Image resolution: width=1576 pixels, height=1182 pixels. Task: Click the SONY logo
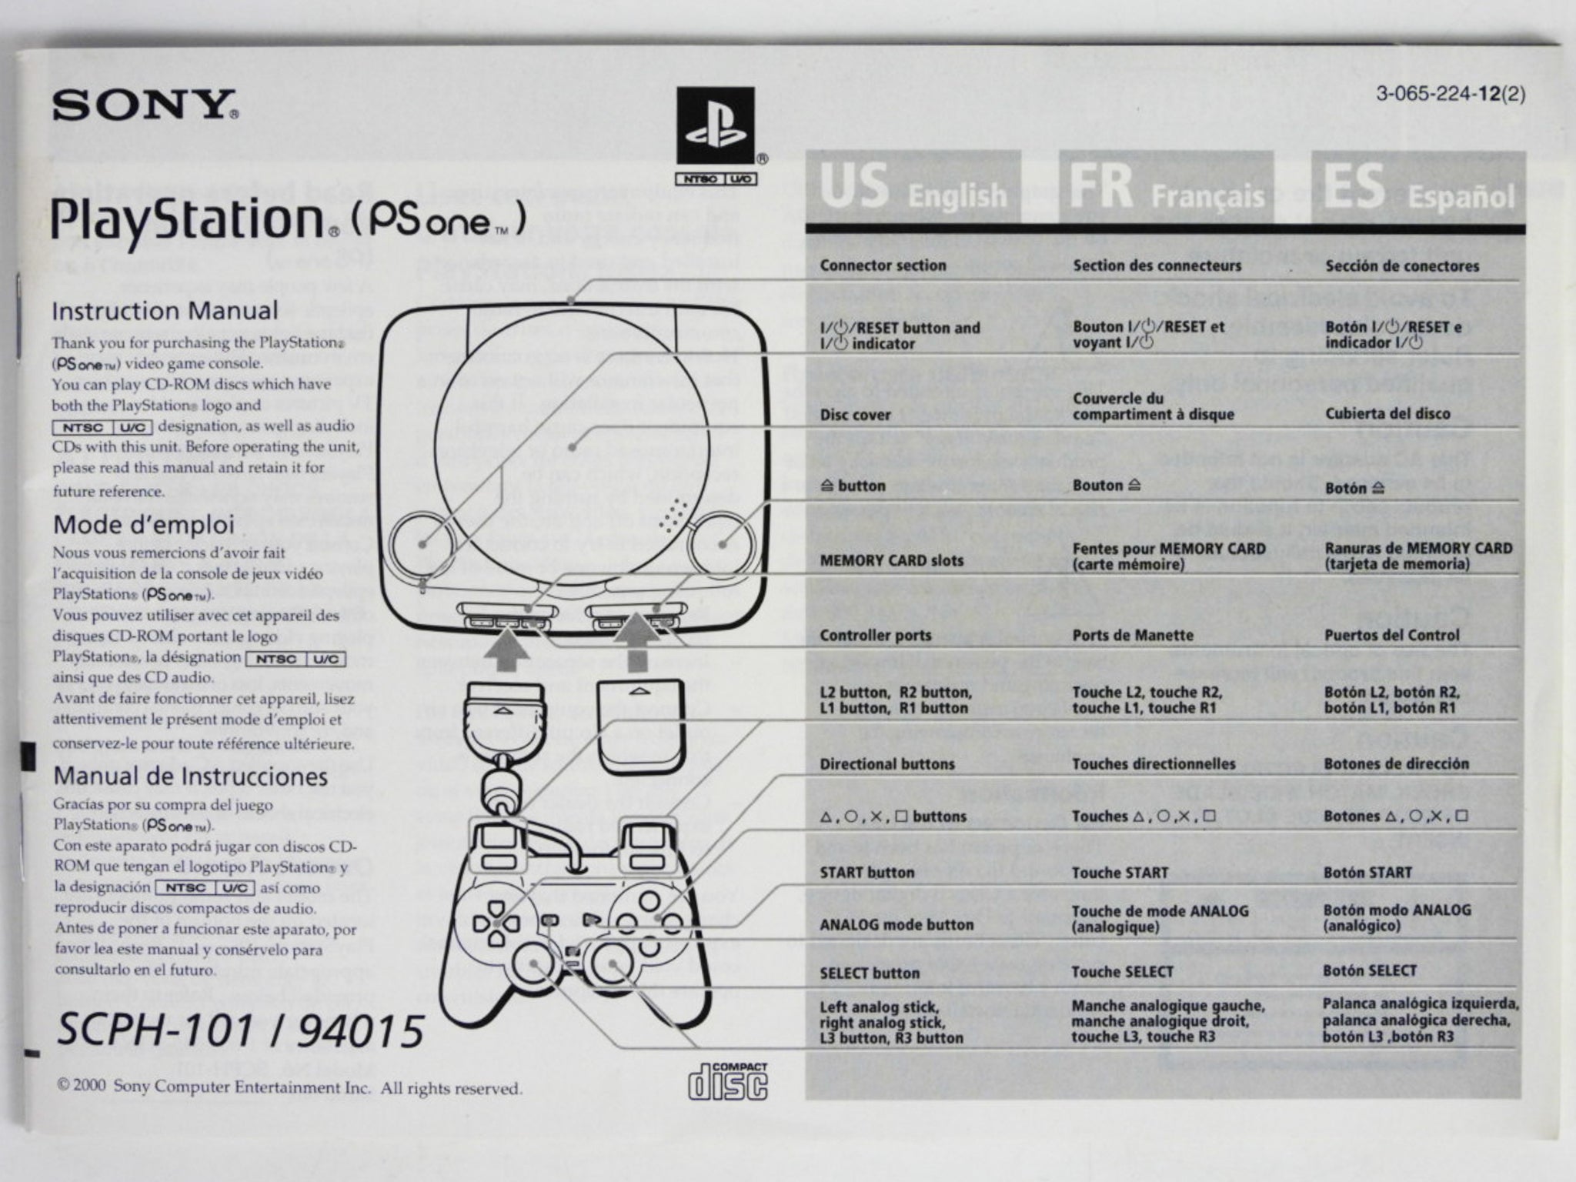point(145,105)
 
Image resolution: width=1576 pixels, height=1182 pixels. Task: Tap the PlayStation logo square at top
point(715,125)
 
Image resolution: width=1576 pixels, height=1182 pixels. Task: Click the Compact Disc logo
point(728,1080)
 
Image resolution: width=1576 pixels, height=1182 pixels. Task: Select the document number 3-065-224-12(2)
point(1450,95)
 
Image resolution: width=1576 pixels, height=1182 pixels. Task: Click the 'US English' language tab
point(913,189)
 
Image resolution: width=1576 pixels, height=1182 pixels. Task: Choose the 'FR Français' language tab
point(1165,189)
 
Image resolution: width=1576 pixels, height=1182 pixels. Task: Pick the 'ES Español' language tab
point(1417,189)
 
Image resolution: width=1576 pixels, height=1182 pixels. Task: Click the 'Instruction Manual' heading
point(165,311)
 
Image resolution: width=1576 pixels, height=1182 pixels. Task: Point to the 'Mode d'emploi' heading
point(143,525)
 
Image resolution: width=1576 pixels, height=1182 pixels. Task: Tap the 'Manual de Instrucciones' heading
point(190,776)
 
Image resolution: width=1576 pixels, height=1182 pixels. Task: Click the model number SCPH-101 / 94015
point(240,1030)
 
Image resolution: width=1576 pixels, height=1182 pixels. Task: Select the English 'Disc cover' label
point(855,415)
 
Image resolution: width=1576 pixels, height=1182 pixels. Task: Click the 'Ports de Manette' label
point(1133,636)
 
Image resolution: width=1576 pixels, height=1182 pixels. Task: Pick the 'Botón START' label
point(1367,873)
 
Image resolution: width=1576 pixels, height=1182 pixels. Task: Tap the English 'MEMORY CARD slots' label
point(891,560)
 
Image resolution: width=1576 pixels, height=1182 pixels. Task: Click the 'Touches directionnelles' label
point(1154,764)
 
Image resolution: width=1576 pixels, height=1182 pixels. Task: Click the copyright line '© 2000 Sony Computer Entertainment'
point(290,1088)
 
